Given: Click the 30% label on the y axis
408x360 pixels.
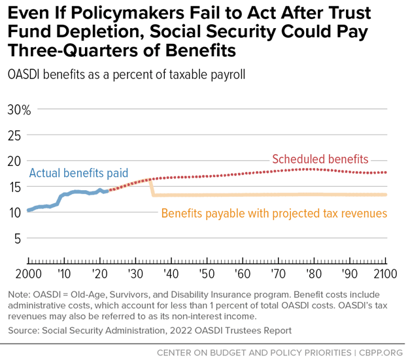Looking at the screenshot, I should click(18, 110).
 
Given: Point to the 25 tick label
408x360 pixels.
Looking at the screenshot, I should click(15, 135).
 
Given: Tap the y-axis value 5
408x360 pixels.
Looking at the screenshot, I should click(18, 238).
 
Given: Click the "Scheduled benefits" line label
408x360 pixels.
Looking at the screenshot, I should click(320, 159).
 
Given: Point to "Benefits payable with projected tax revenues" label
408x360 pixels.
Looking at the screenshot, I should click(274, 214).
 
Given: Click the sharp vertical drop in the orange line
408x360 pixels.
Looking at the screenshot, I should click(152, 187).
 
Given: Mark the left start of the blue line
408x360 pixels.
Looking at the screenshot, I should click(28, 210).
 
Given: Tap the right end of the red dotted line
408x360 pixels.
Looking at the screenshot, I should click(386, 172).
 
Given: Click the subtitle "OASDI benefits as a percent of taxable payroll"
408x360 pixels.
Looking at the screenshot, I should click(126, 74).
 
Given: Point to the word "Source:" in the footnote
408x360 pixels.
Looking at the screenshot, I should click(22, 330).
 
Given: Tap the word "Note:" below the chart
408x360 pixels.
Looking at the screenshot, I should click(20, 295).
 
